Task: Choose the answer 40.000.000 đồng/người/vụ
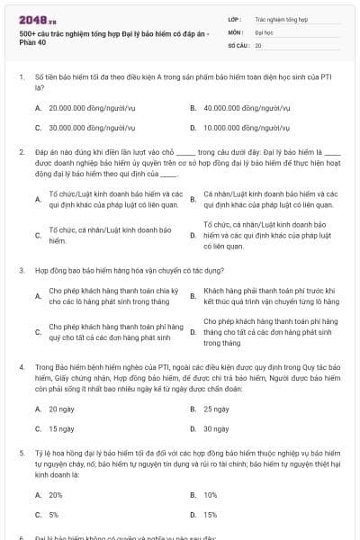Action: click(238, 107)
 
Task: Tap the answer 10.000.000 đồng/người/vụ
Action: click(238, 127)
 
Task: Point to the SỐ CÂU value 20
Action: click(258, 44)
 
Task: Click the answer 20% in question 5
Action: click(56, 495)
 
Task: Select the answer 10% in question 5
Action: click(211, 495)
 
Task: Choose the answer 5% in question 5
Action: click(54, 515)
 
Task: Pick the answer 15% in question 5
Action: click(211, 515)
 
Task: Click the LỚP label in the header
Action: click(235, 18)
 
